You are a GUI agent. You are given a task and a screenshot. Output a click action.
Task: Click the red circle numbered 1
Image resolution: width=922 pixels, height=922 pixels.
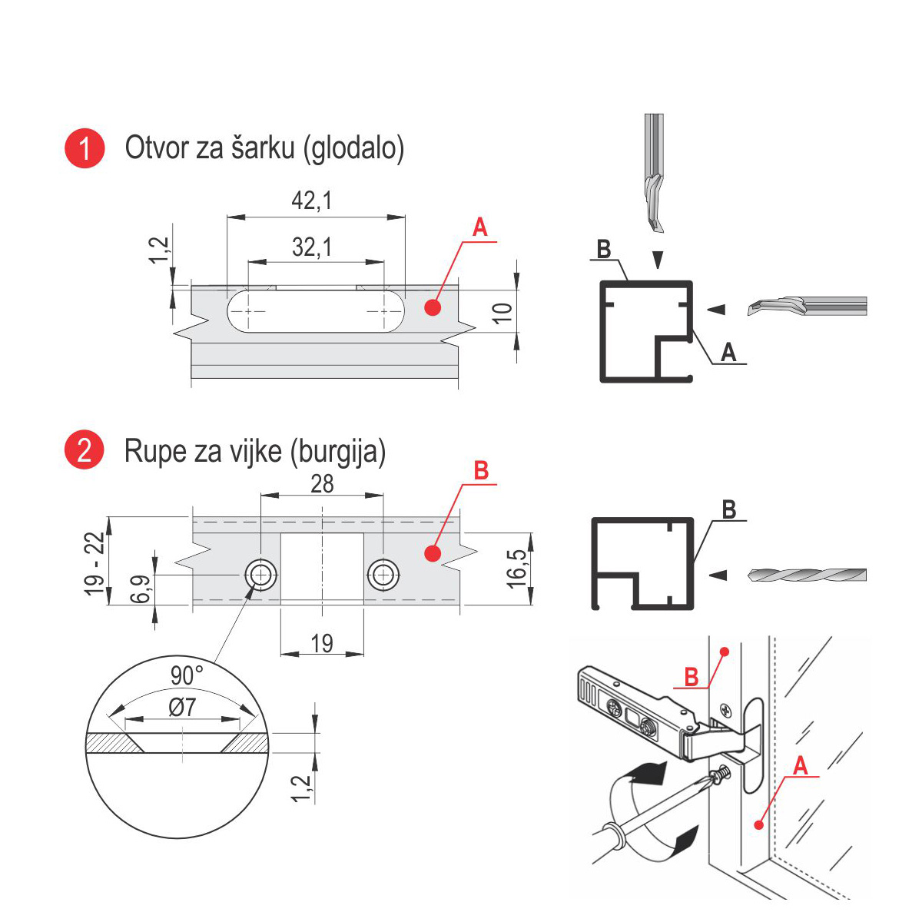tap(84, 148)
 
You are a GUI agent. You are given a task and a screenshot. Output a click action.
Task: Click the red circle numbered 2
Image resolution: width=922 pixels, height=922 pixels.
tap(84, 449)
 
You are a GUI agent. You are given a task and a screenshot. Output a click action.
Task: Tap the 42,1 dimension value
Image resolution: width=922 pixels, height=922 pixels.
tap(311, 201)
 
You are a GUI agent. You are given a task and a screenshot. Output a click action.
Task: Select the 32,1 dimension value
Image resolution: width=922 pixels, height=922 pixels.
tap(312, 247)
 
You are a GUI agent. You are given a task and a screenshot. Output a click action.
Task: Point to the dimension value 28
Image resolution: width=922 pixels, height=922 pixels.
tap(322, 483)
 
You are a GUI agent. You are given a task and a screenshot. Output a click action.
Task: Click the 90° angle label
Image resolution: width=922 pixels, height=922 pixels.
tap(187, 676)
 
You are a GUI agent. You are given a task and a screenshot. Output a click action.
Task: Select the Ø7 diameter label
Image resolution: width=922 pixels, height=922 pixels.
tap(182, 707)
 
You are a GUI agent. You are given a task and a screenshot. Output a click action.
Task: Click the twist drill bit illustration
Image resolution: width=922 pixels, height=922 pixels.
tap(807, 575)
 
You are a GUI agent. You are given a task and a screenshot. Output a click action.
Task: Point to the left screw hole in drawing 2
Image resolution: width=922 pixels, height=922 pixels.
tap(260, 574)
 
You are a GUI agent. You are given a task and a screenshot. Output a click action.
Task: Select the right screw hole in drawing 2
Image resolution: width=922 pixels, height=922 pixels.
tap(383, 574)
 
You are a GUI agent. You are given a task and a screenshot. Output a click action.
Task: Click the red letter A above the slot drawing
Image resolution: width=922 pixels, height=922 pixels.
tap(479, 228)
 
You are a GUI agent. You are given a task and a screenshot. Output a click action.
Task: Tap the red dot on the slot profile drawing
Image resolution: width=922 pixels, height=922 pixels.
tap(432, 307)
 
